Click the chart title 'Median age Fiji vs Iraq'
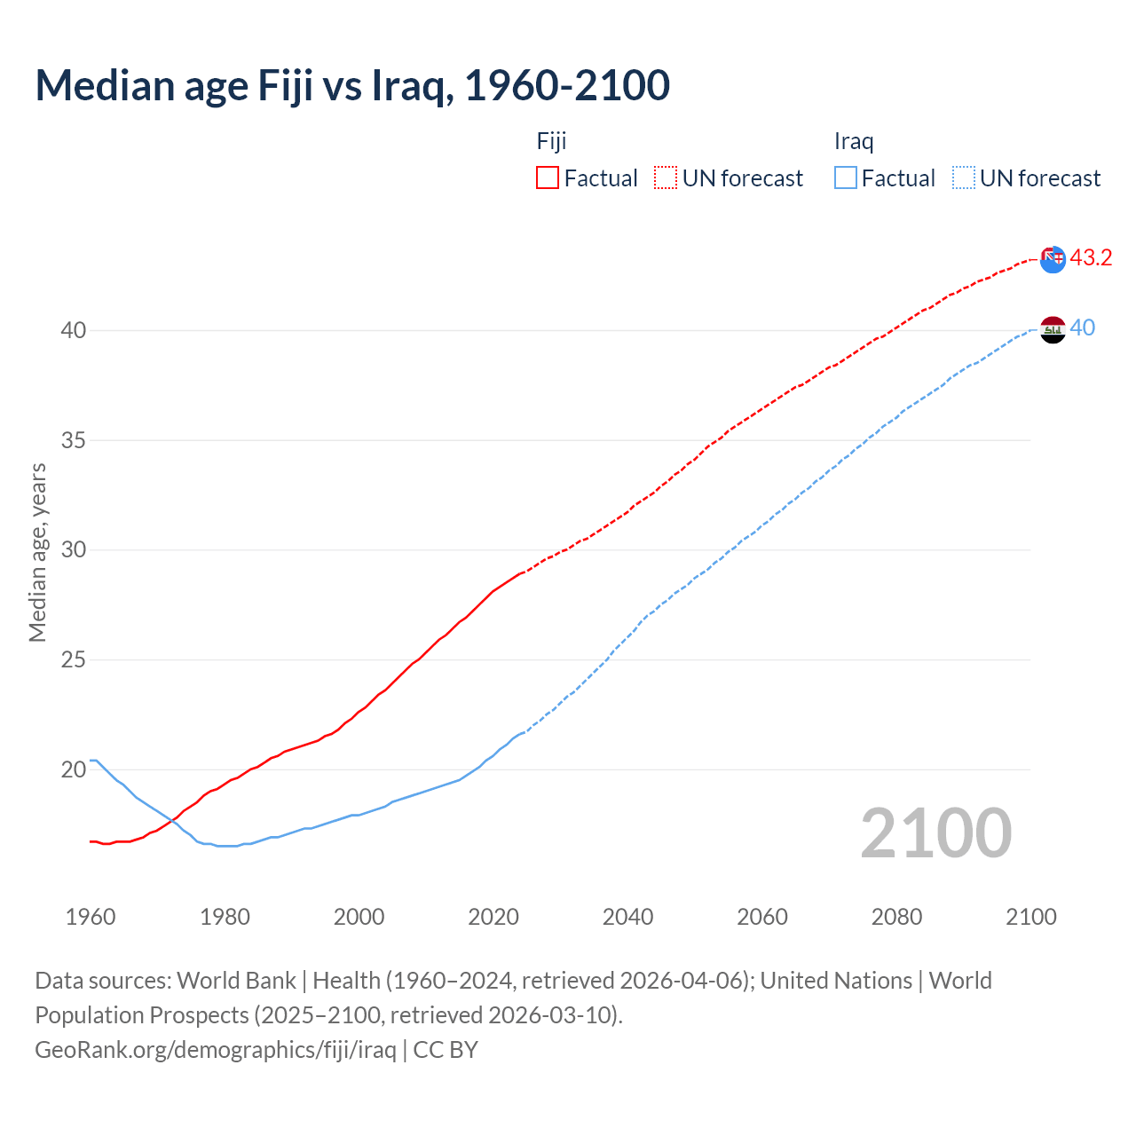click(352, 86)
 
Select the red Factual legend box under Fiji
click(548, 177)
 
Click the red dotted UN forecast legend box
click(666, 177)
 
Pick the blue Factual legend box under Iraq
click(846, 177)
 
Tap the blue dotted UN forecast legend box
click(964, 177)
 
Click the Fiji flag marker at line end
click(1053, 259)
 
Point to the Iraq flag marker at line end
click(1053, 329)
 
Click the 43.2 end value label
click(1091, 258)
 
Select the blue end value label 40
click(1083, 328)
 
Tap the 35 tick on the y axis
click(74, 440)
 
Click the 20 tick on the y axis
click(74, 769)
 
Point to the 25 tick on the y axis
click(74, 659)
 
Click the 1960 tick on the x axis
click(91, 917)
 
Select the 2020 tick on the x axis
click(493, 917)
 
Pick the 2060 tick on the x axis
click(762, 917)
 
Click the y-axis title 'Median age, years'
click(37, 552)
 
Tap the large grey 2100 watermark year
click(936, 833)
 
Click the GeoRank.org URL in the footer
click(216, 1050)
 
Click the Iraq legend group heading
click(854, 141)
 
